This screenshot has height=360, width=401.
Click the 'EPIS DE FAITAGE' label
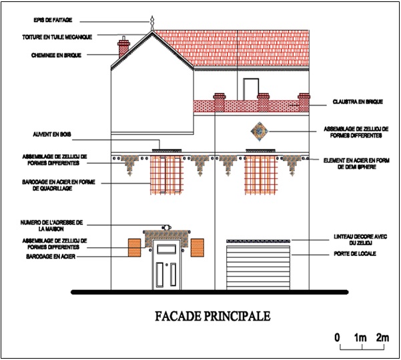pos(53,20)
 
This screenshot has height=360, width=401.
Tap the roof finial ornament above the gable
pos(152,23)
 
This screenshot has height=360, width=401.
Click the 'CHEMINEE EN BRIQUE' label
pos(56,55)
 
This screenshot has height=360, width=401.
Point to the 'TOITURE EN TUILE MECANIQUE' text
pos(57,37)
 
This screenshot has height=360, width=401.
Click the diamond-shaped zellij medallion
pos(260,132)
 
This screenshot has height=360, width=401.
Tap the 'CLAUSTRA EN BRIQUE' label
pos(358,102)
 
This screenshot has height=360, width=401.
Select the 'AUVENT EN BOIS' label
pos(52,134)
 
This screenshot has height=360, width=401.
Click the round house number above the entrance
pos(167,227)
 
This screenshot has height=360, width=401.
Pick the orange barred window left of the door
pos(135,248)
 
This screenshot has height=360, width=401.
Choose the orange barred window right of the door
pos(197,248)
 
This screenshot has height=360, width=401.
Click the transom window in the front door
pos(167,249)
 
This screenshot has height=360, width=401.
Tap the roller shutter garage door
pos(258,268)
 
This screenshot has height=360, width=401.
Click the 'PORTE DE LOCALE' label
pos(355,254)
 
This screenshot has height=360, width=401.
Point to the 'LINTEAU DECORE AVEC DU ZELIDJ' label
pos(360,240)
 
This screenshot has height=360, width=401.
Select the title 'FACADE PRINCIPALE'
pos(213,316)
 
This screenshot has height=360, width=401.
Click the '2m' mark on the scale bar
pos(382,338)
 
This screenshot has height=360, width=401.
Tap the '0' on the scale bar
pos(338,338)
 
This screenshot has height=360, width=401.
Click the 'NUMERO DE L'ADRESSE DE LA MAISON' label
pos(51,226)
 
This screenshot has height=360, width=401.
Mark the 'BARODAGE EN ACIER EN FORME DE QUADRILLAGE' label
pos(58,185)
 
